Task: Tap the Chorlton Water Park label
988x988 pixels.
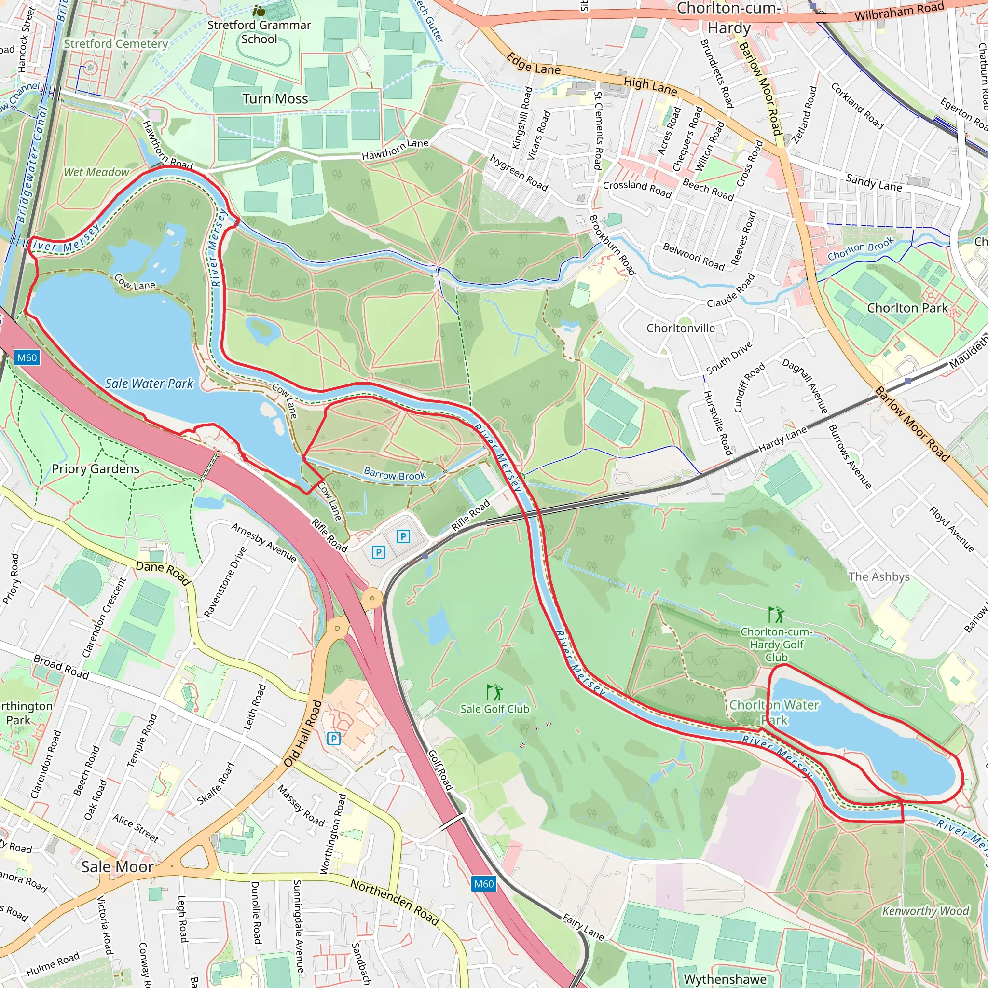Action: point(774,713)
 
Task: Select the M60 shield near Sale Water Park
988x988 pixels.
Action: point(27,357)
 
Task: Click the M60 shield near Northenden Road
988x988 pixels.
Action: point(484,884)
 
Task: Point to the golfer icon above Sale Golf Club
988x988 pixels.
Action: point(494,693)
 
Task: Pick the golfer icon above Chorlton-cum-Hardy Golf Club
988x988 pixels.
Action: point(776,614)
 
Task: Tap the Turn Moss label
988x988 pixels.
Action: point(275,99)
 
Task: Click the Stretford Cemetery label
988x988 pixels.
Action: point(116,44)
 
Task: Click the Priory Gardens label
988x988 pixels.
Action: point(96,469)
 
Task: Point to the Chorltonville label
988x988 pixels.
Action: point(681,329)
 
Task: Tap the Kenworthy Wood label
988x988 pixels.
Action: point(925,911)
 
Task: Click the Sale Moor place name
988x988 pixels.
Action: point(117,867)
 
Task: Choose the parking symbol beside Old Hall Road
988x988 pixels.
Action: point(333,738)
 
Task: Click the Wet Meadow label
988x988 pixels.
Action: point(96,172)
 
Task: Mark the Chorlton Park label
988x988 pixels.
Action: point(907,308)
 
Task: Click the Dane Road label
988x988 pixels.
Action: point(163,572)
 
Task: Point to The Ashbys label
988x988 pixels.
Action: point(878,577)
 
